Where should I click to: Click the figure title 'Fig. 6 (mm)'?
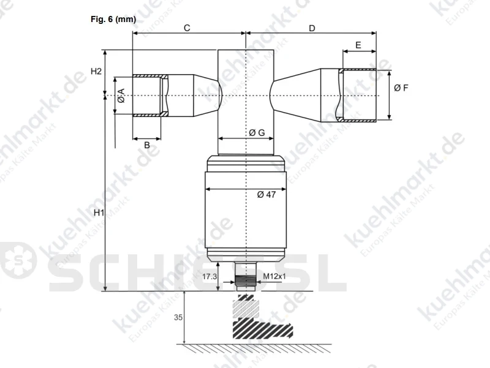[x=113, y=20]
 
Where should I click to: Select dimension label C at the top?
[x=187, y=28]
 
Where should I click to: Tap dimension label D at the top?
[x=312, y=28]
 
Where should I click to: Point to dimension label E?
[x=358, y=45]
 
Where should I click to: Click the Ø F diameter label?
[x=401, y=88]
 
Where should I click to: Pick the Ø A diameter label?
[x=121, y=96]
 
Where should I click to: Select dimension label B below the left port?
[x=147, y=145]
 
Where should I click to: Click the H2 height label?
[x=96, y=71]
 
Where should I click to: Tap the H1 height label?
[x=99, y=212]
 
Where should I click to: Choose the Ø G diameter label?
[x=257, y=133]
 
